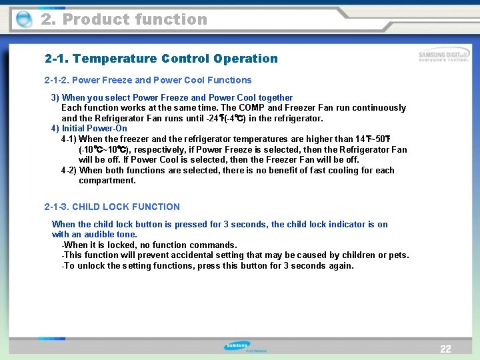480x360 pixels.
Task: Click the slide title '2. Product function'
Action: [124, 19]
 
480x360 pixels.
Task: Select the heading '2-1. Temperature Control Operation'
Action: [161, 59]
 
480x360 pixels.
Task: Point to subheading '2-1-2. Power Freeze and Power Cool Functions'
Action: [148, 80]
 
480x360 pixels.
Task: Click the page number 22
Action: [445, 349]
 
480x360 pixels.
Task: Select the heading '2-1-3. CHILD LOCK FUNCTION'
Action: [112, 207]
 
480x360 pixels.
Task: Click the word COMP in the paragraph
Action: [252, 108]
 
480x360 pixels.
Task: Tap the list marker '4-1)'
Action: [69, 139]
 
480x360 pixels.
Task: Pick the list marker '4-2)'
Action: [69, 171]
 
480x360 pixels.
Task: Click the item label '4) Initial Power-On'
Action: [89, 129]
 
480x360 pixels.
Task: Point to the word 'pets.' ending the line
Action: [398, 255]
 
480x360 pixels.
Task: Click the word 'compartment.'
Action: [107, 181]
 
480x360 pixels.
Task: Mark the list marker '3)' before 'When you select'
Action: [55, 97]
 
